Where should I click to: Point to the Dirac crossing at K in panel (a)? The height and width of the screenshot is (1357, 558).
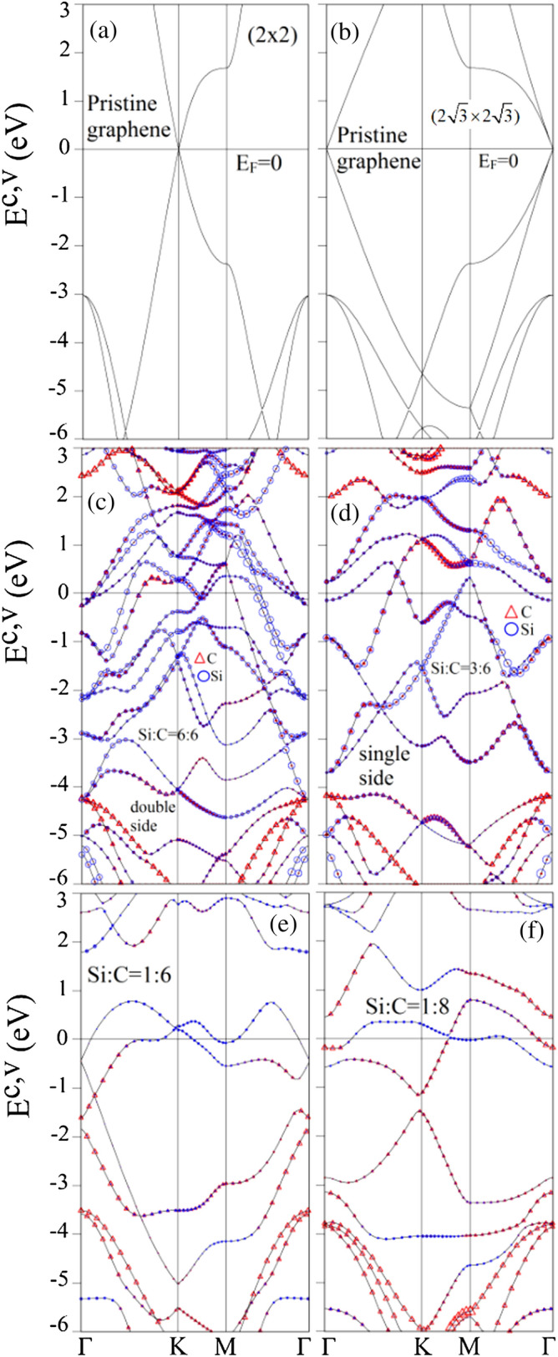(179, 149)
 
